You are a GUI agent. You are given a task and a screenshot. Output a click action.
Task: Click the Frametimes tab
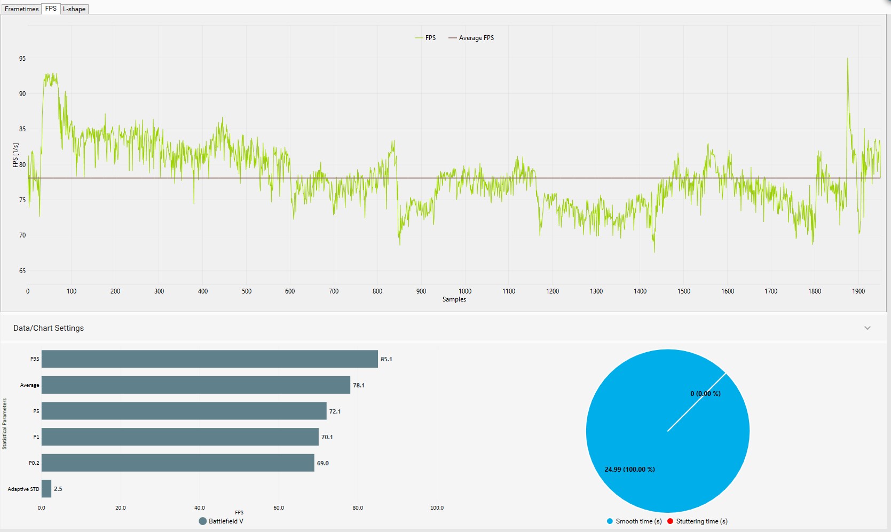click(21, 9)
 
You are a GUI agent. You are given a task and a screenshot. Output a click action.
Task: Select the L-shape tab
click(74, 9)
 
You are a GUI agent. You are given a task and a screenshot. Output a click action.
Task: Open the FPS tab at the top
click(51, 9)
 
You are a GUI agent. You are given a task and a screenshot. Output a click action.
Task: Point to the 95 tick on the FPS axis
click(22, 59)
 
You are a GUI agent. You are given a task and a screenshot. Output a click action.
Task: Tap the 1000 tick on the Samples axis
click(465, 291)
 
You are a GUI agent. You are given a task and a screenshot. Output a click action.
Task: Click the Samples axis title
click(454, 299)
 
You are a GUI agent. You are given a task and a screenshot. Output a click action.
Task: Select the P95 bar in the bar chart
click(209, 359)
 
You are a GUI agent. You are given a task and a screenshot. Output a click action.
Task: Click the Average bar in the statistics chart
click(195, 385)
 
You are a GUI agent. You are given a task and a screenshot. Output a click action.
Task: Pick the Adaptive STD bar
click(46, 489)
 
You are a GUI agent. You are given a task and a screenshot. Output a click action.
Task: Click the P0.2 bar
click(178, 463)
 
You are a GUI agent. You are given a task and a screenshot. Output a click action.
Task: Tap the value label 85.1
click(386, 359)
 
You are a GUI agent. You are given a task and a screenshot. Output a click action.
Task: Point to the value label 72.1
click(335, 411)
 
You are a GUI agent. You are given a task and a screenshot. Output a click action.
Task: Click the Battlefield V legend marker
click(203, 521)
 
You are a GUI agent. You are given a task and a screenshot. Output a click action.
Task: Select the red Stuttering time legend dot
click(670, 521)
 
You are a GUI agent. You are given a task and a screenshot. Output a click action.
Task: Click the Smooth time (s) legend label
click(638, 521)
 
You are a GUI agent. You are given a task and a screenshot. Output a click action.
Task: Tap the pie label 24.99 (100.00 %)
click(629, 470)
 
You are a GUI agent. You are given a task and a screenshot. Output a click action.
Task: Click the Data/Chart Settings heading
click(49, 328)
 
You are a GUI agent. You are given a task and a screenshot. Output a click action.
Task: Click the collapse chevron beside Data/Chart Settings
click(868, 328)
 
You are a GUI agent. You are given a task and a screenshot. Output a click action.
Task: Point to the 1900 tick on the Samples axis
click(858, 291)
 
